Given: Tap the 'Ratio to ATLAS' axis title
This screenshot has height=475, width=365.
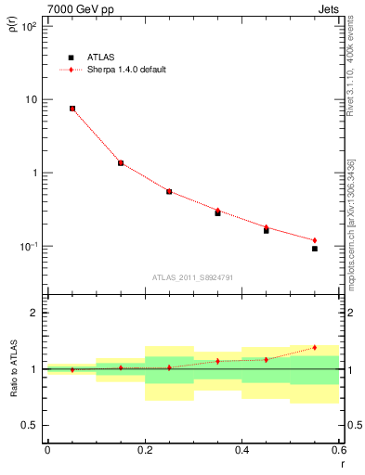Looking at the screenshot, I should (12, 368).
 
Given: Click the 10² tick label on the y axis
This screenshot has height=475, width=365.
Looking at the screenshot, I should (28, 26).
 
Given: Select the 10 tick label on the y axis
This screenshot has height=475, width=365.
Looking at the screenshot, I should (30, 99).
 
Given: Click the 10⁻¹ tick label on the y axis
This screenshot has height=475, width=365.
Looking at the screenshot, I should (28, 247).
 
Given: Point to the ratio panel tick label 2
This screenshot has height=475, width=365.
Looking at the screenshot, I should (34, 313).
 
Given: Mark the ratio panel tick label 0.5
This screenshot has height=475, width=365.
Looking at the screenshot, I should (31, 425).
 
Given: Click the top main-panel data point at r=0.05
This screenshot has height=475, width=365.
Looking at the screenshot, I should (72, 109).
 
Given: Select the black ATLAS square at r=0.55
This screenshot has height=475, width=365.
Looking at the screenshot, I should (315, 249).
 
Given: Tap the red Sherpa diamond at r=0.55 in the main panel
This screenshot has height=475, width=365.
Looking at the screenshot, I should (315, 240).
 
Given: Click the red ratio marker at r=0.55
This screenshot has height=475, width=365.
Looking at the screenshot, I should (315, 348).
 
